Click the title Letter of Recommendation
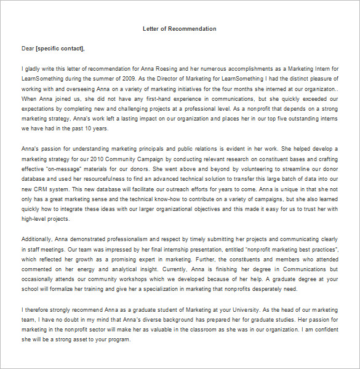click(179, 29)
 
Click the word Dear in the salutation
click(28, 49)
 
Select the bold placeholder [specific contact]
click(60, 49)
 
